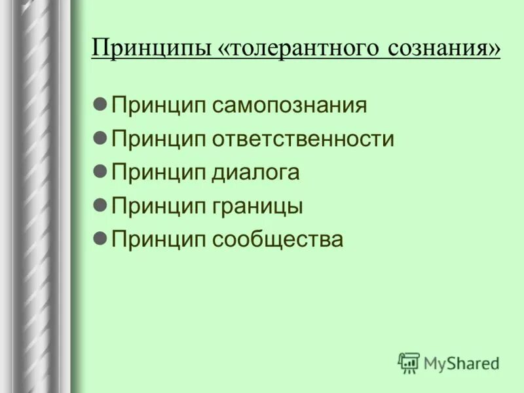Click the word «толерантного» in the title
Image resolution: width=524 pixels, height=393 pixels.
tap(296, 49)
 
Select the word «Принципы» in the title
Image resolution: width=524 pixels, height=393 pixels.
tap(150, 49)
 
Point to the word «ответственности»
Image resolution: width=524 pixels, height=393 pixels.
tap(303, 140)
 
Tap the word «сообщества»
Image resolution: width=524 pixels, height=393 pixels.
tap(277, 240)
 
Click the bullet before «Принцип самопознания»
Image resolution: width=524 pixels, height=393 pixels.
tap(100, 105)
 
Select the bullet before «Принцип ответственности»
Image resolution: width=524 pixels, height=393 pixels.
tap(100, 138)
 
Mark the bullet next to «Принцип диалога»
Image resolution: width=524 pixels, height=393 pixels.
tap(100, 172)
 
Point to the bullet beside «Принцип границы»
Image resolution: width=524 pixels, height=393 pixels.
tap(100, 205)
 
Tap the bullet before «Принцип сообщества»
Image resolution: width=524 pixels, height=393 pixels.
tap(100, 238)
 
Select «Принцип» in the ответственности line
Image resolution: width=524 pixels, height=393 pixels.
tap(159, 140)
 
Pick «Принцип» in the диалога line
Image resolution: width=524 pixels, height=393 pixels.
tap(159, 173)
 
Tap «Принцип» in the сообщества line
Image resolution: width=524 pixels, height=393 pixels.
tap(159, 240)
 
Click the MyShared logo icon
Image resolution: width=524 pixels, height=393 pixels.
tap(409, 362)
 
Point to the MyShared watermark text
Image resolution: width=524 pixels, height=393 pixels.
tap(461, 362)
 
